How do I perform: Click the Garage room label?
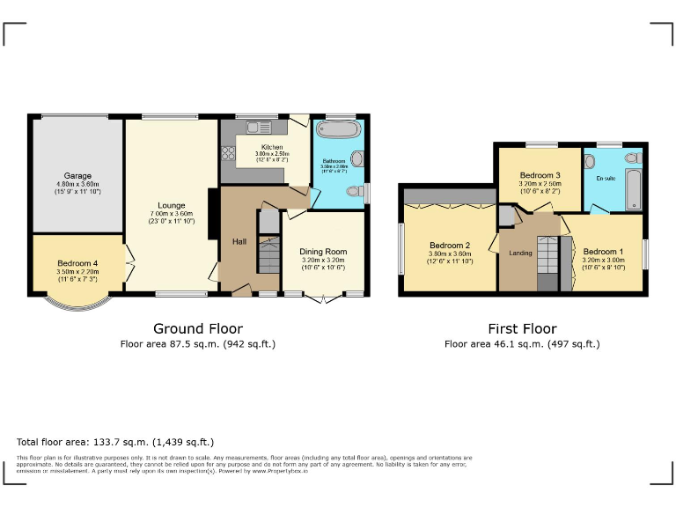77,175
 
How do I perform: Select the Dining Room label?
323,252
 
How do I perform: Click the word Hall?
239,241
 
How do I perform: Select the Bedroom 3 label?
540,175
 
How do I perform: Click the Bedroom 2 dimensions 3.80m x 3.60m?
450,254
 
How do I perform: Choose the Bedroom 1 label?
603,250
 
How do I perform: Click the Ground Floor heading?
198,328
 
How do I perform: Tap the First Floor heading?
521,328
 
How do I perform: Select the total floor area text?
115,442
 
